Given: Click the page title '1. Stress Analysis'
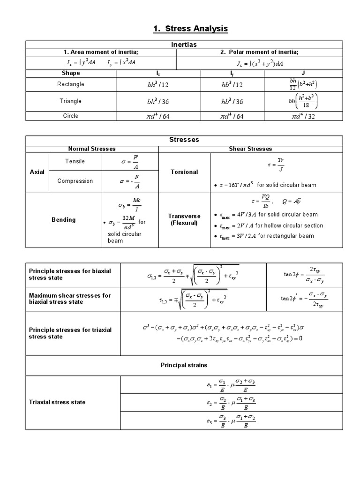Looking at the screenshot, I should (x=190, y=29).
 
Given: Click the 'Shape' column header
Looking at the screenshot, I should (x=71, y=73).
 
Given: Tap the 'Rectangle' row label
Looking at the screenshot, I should (x=71, y=84).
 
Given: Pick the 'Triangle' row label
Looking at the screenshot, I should (x=71, y=101).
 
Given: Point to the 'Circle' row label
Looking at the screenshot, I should (x=71, y=116).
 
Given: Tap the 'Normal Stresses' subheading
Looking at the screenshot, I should (x=92, y=149).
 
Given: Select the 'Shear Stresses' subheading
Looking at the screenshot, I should (x=250, y=149).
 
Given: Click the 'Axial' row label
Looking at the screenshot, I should (x=37, y=172).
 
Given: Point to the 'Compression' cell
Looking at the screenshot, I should (x=75, y=181).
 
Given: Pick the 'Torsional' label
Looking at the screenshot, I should (x=184, y=172).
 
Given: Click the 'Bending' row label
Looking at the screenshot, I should (x=63, y=220).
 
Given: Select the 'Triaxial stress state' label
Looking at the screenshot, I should (x=57, y=402).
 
